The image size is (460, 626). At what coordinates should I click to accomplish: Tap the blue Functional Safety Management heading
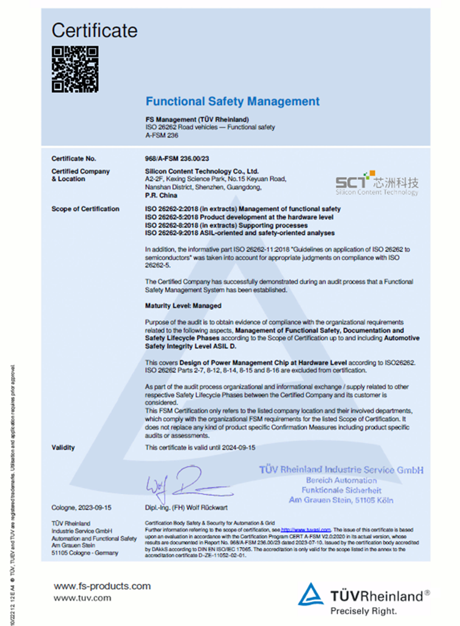(x=232, y=101)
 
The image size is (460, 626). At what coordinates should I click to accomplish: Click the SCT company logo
(x=377, y=183)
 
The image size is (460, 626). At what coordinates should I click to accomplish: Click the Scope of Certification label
(x=85, y=209)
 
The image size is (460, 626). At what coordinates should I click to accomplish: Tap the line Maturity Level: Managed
(x=183, y=305)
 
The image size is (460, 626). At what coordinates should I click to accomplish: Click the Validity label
(x=63, y=447)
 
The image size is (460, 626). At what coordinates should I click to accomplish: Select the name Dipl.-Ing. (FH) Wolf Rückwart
(x=186, y=508)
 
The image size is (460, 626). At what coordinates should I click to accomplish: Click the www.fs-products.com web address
(x=102, y=586)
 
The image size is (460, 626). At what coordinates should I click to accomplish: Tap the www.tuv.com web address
(x=82, y=598)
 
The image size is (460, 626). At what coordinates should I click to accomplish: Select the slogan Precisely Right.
(x=363, y=610)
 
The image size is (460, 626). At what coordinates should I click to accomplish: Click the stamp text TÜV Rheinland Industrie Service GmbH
(x=341, y=470)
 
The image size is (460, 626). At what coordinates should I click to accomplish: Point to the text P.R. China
(x=161, y=196)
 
